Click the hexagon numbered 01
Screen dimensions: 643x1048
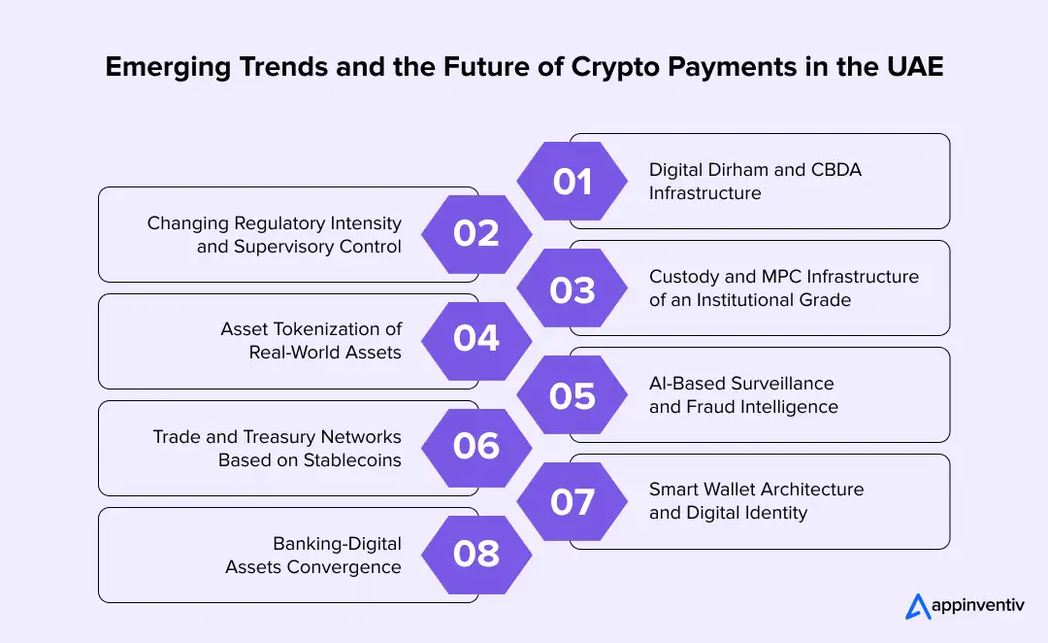pyautogui.click(x=572, y=182)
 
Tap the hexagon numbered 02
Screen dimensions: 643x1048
pyautogui.click(x=475, y=234)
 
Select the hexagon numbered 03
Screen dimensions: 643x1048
pyautogui.click(x=572, y=288)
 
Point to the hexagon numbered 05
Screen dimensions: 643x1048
pyautogui.click(x=572, y=395)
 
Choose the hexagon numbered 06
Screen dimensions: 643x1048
pyautogui.click(x=475, y=447)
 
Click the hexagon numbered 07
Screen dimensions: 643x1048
pyautogui.click(x=572, y=502)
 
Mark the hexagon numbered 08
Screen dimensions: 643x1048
pyautogui.click(x=475, y=554)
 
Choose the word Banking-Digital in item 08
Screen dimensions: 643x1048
pyautogui.click(x=338, y=543)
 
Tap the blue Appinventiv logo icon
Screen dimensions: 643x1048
pyautogui.click(x=917, y=606)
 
